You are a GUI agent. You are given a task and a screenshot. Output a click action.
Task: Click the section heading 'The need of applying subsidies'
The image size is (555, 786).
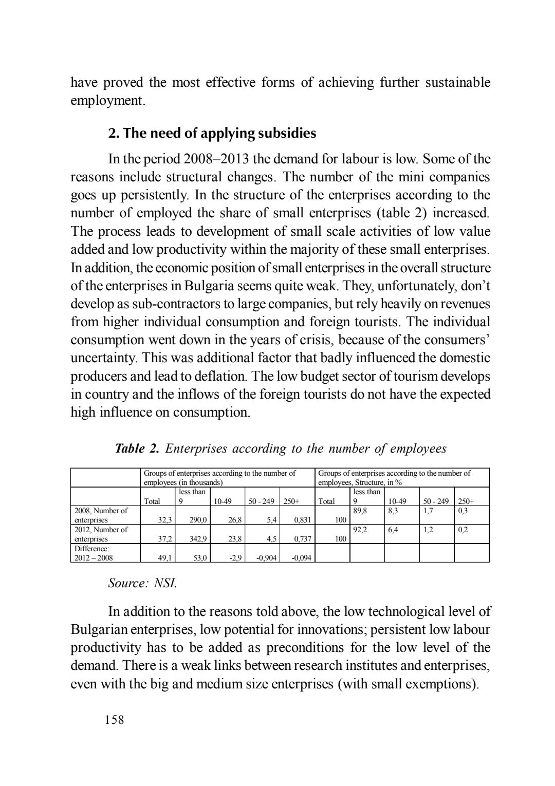click(212, 134)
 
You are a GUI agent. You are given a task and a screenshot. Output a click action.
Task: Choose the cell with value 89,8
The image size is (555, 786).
click(363, 511)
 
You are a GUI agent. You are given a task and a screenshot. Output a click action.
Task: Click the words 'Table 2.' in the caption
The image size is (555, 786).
click(136, 449)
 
